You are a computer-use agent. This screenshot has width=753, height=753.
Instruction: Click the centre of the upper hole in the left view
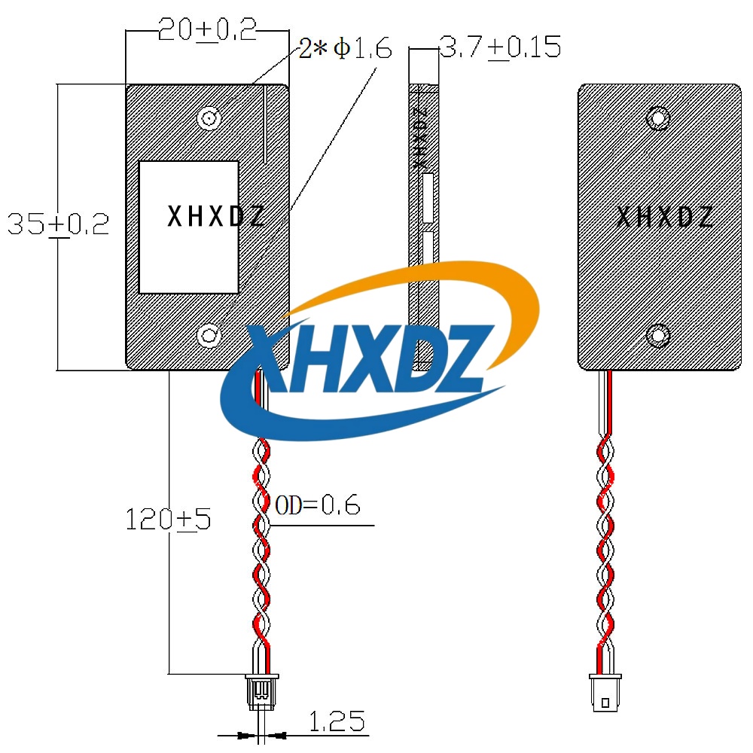point(209,117)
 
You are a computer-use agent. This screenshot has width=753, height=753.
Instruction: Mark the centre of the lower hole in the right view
point(658,335)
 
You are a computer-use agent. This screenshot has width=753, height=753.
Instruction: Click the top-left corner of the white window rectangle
point(139,161)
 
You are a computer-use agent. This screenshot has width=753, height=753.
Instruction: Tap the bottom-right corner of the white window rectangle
point(239,293)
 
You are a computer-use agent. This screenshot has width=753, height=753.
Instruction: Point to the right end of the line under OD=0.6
point(374,526)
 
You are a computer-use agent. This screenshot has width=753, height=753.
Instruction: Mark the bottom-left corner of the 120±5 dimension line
point(169,674)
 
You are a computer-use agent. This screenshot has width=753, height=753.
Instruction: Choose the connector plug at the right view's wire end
point(605,693)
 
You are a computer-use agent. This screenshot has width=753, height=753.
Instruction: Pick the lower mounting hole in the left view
point(209,335)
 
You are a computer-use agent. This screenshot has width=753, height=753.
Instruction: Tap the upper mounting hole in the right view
point(658,117)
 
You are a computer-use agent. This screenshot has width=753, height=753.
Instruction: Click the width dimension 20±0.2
point(208,30)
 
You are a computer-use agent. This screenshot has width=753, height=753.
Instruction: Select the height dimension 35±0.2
point(59,224)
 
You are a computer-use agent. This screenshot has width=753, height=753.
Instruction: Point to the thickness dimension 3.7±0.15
point(501,47)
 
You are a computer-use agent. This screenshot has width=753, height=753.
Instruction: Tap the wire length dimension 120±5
point(168,519)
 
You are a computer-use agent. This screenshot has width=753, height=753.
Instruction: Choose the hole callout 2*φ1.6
point(346,48)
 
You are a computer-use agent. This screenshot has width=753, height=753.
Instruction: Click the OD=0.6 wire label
point(318,505)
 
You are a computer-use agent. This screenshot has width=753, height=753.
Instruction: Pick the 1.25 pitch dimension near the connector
point(337,722)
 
